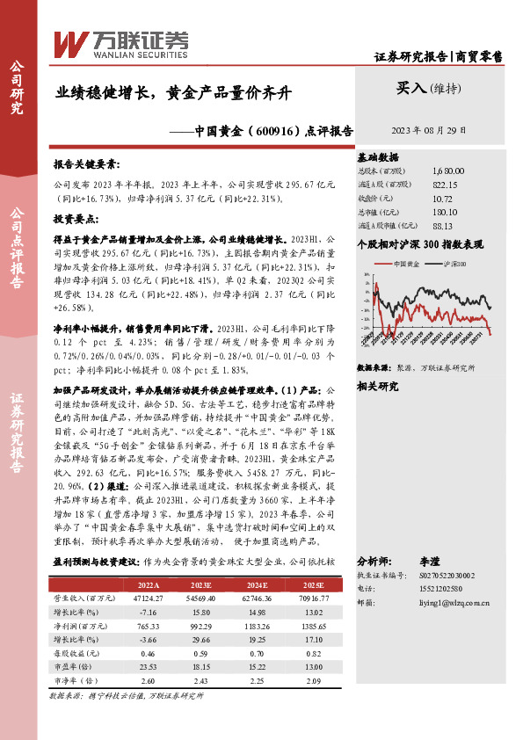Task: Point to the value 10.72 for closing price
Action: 444,198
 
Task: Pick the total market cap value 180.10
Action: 445,211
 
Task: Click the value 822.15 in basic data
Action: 445,185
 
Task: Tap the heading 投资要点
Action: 75,217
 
